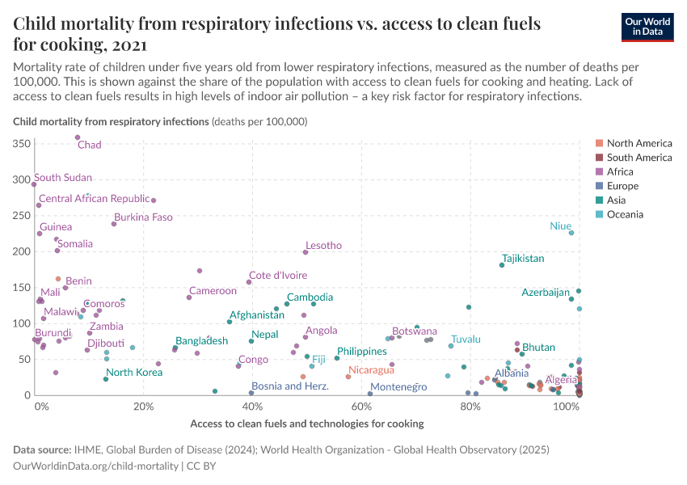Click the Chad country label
point(89,145)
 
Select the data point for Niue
point(571,233)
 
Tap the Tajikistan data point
point(502,265)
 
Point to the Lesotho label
point(323,246)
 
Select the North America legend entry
point(639,143)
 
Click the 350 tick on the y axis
point(22,143)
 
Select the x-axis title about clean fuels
point(306,424)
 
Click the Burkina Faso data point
point(114,224)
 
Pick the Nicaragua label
point(371,370)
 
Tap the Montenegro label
point(398,387)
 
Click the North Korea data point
point(106,379)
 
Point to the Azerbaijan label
point(546,292)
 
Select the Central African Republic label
point(95,198)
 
